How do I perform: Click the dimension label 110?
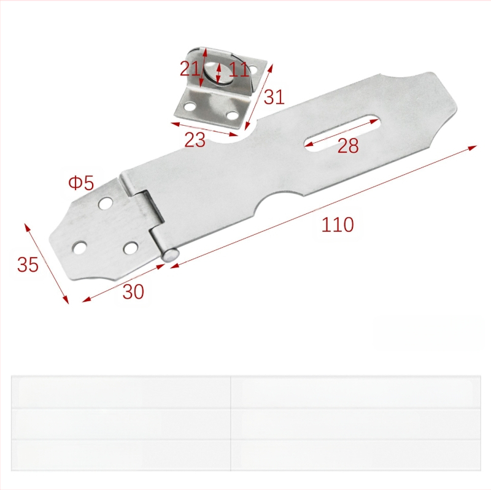[x=338, y=224]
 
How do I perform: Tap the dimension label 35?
[x=28, y=264]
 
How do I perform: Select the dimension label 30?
[x=133, y=292]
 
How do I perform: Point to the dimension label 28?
[x=347, y=145]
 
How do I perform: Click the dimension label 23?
[x=195, y=140]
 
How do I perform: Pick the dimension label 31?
[x=274, y=97]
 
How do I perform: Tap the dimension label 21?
[x=190, y=69]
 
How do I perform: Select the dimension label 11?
[x=239, y=69]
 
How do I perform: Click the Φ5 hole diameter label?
[x=81, y=183]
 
